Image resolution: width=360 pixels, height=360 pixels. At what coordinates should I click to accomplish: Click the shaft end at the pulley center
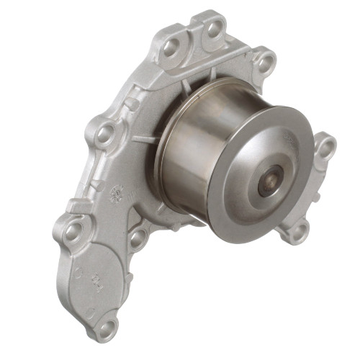pos(271,179)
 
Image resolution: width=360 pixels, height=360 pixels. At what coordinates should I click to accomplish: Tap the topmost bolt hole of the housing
pos(214,29)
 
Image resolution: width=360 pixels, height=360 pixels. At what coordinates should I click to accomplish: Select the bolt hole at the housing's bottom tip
pos(107,328)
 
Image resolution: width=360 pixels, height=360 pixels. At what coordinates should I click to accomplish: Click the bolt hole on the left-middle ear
pos(104,134)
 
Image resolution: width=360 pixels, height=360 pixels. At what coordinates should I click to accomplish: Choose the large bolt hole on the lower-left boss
pos(75,230)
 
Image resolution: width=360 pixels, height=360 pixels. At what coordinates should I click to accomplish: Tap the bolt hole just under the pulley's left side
pos(137,235)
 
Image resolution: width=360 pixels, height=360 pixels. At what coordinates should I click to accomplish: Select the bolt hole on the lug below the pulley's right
pos(294,231)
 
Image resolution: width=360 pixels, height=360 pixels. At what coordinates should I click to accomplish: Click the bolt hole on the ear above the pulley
pos(264,60)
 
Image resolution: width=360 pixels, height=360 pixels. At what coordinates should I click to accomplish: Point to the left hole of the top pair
pos(171,48)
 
